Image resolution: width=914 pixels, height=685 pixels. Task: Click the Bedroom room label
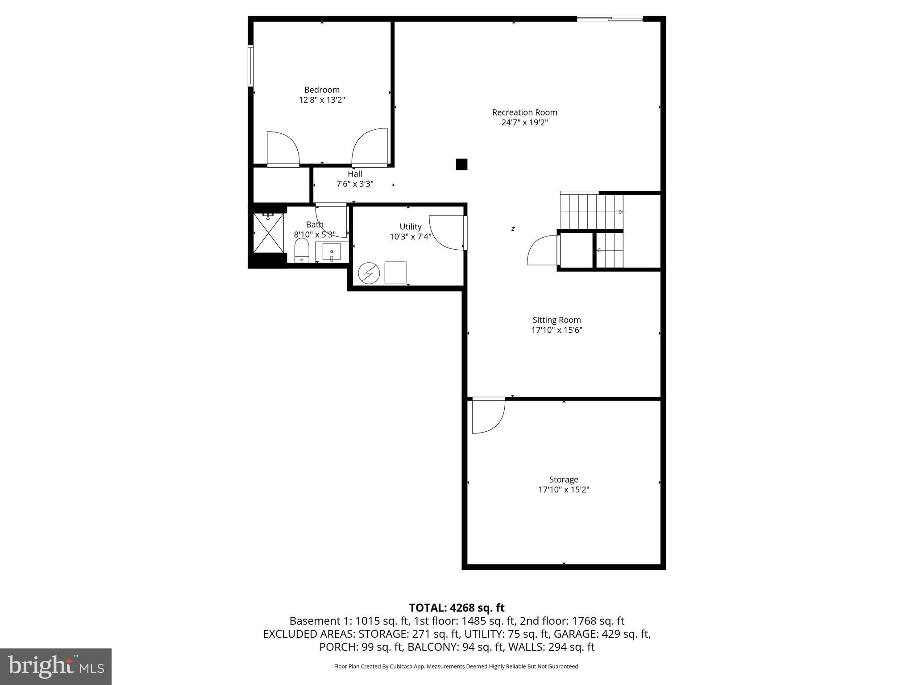click(x=322, y=90)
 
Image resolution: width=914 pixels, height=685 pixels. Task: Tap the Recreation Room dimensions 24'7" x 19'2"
click(x=524, y=123)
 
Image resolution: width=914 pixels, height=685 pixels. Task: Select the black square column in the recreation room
click(x=461, y=165)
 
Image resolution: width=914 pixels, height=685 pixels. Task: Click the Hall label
click(x=355, y=174)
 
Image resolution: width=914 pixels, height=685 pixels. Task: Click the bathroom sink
click(x=332, y=252)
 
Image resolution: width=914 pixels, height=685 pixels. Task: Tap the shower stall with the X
click(x=269, y=233)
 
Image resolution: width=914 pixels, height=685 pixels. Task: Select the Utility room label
click(x=410, y=227)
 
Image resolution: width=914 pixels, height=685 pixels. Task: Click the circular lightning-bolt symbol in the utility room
click(x=369, y=273)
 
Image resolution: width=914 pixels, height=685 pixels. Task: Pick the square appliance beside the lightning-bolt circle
click(x=395, y=272)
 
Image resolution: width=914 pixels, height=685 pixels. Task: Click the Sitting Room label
click(x=557, y=320)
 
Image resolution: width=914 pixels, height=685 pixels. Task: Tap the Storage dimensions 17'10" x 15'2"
click(x=564, y=490)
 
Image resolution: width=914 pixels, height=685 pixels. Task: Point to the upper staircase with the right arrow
click(x=591, y=212)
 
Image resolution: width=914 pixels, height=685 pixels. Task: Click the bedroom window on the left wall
click(x=251, y=65)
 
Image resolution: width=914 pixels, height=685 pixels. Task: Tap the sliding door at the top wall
click(x=610, y=19)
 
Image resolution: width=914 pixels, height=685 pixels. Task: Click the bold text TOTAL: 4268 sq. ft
click(x=457, y=608)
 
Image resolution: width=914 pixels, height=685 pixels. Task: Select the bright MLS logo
click(x=56, y=667)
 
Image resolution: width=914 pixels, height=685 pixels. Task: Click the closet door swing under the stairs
click(x=542, y=251)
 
